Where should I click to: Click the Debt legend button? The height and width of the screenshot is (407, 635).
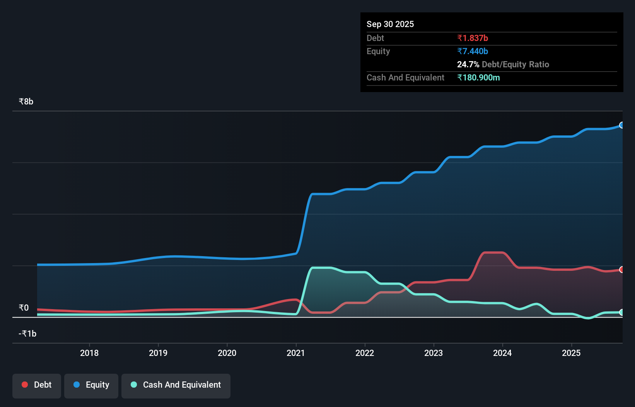coord(37,385)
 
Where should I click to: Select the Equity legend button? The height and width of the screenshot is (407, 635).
coord(91,385)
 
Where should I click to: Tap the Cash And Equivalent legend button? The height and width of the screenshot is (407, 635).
coord(176,385)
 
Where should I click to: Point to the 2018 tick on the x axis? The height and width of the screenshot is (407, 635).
coord(89,353)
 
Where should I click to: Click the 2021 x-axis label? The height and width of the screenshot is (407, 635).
coord(296,353)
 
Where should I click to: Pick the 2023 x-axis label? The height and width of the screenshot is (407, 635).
coord(434,353)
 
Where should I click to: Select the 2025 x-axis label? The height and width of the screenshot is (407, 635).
coord(571,353)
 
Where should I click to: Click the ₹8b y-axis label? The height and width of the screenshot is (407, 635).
coord(26,101)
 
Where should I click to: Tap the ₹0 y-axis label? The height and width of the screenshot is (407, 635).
coord(24,308)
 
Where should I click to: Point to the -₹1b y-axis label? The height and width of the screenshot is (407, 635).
coord(27,333)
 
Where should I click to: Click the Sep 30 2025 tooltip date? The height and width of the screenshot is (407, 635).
coord(390,24)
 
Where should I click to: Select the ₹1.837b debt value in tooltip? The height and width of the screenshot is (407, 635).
coord(473,38)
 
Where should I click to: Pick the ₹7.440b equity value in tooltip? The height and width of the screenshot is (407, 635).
coord(473,51)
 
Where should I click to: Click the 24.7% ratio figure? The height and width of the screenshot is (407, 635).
coord(468,64)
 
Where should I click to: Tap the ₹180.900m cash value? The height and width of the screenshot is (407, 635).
coord(478,77)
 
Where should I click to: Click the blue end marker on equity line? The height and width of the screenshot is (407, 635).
coord(621,125)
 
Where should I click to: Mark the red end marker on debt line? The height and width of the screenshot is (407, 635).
coord(621,270)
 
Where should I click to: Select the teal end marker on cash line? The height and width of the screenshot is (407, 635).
coord(621,312)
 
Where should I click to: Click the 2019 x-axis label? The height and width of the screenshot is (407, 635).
coord(158,353)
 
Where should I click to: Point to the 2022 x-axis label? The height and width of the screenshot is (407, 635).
coord(365,353)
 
